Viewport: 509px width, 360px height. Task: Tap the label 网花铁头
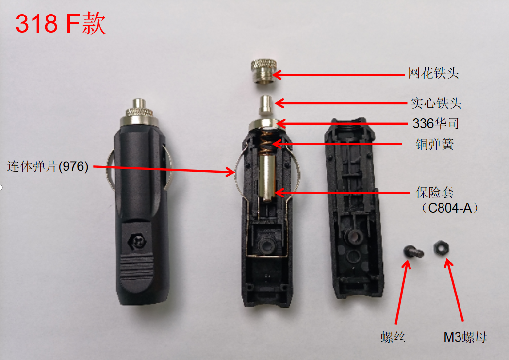tap(433, 73)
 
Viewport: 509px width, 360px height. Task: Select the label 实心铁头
tap(436, 103)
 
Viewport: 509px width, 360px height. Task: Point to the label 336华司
tap(436, 123)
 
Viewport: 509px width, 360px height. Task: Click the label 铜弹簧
tap(435, 144)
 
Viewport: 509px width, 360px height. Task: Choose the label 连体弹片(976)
tap(48, 166)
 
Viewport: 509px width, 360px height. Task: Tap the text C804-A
tap(450, 208)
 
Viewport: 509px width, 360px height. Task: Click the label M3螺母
tap(465, 337)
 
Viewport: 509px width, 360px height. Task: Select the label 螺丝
tap(393, 337)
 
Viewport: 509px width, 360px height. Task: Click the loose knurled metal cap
tap(263, 71)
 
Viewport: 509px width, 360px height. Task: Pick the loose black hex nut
tap(442, 248)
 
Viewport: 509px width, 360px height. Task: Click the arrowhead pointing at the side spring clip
tap(230, 172)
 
